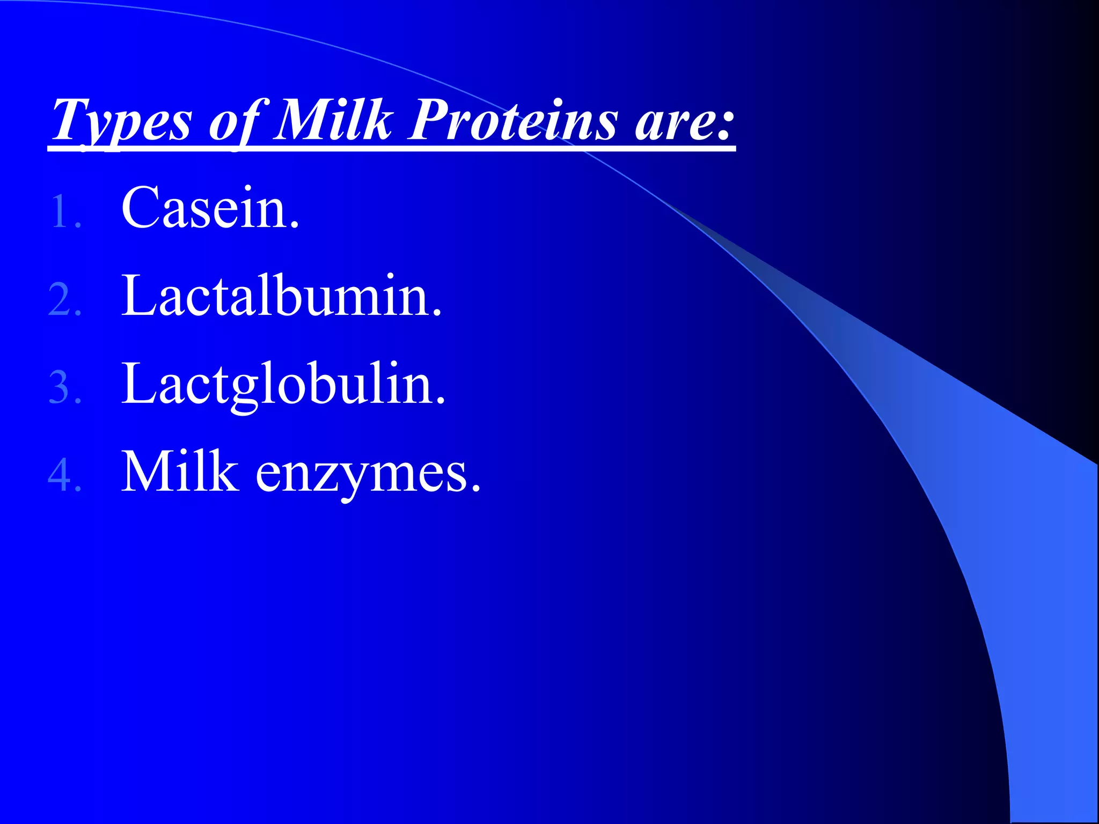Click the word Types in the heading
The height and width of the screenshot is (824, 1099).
121,121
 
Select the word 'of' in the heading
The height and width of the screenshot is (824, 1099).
234,121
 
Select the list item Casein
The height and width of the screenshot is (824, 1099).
210,208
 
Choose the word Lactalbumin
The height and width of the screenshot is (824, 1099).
281,296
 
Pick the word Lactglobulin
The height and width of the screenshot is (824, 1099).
283,385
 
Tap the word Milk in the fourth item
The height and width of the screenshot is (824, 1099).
180,472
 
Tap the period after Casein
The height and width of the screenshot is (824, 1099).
294,226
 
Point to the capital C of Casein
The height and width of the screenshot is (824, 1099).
142,208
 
